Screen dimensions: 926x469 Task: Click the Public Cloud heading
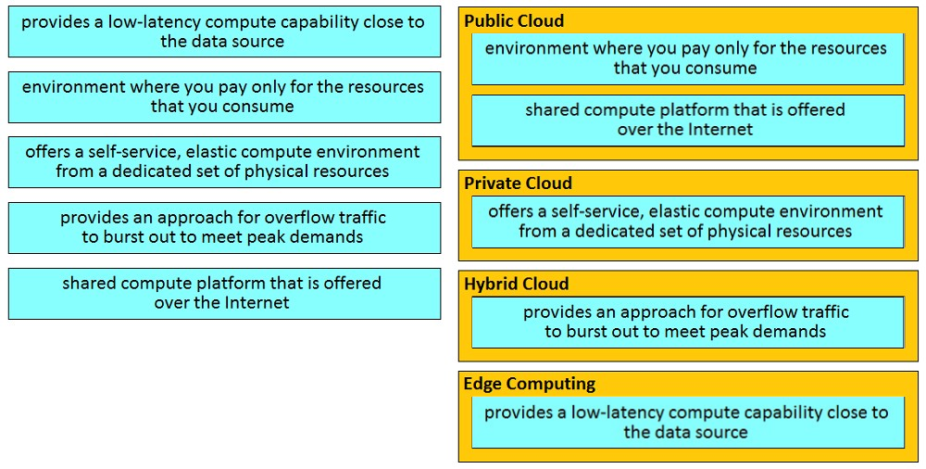point(514,20)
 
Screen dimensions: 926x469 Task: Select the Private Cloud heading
point(518,184)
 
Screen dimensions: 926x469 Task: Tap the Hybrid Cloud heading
point(516,284)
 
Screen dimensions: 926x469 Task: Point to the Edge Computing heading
point(530,384)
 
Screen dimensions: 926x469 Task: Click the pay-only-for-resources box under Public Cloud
point(688,58)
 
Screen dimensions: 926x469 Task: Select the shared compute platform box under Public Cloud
point(688,120)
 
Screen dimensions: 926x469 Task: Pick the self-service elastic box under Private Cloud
point(688,222)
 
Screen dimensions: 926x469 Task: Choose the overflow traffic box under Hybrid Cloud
point(688,322)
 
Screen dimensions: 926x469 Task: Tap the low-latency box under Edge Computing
point(688,423)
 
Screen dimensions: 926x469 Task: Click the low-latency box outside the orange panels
point(224,32)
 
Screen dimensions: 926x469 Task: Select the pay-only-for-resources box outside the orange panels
point(224,97)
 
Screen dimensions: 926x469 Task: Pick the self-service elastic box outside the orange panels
point(224,162)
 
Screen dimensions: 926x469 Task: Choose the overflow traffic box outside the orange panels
point(224,228)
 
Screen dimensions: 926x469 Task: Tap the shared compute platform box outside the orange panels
point(224,293)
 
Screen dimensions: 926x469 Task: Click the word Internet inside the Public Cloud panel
point(720,129)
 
